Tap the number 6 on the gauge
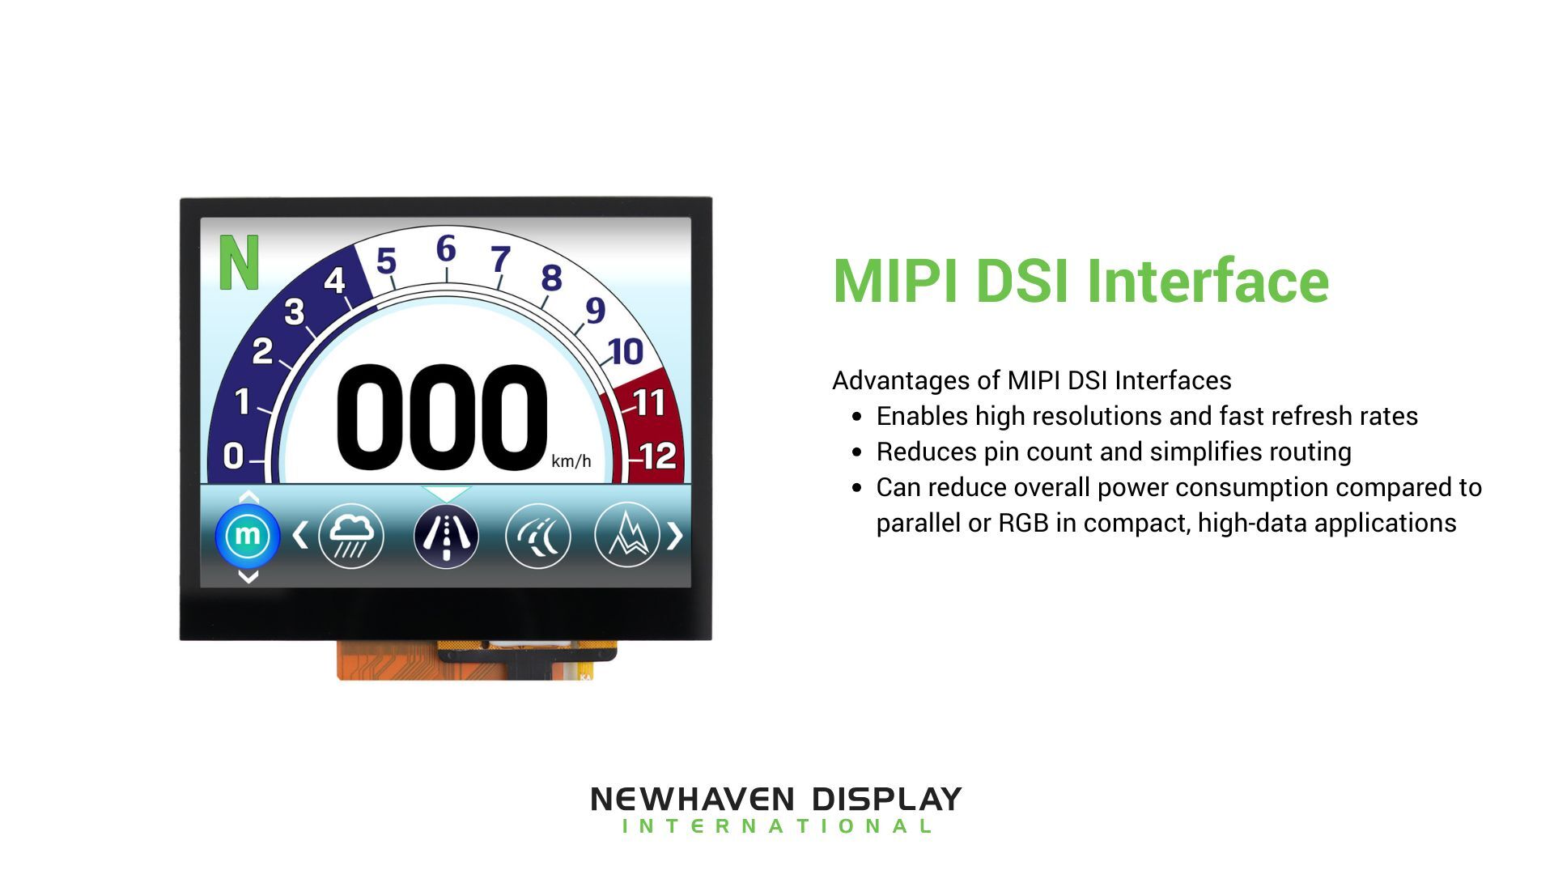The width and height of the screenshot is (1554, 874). click(x=445, y=249)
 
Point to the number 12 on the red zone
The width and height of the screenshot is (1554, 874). click(x=658, y=456)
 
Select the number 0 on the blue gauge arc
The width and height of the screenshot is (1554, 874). click(x=233, y=456)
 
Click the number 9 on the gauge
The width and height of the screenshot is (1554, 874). click(x=595, y=310)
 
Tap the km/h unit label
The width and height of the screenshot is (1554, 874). click(x=571, y=461)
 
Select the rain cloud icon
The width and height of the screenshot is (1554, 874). click(x=351, y=536)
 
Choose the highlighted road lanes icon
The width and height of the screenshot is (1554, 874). click(x=446, y=536)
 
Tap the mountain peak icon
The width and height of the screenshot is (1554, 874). click(x=626, y=536)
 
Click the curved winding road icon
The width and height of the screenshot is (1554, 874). click(x=537, y=536)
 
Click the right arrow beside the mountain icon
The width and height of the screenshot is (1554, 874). click(x=674, y=536)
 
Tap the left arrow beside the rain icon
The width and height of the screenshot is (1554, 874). click(x=300, y=536)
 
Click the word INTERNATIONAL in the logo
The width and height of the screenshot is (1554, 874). click(x=776, y=826)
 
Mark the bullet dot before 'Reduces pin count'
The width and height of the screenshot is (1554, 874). click(x=857, y=452)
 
